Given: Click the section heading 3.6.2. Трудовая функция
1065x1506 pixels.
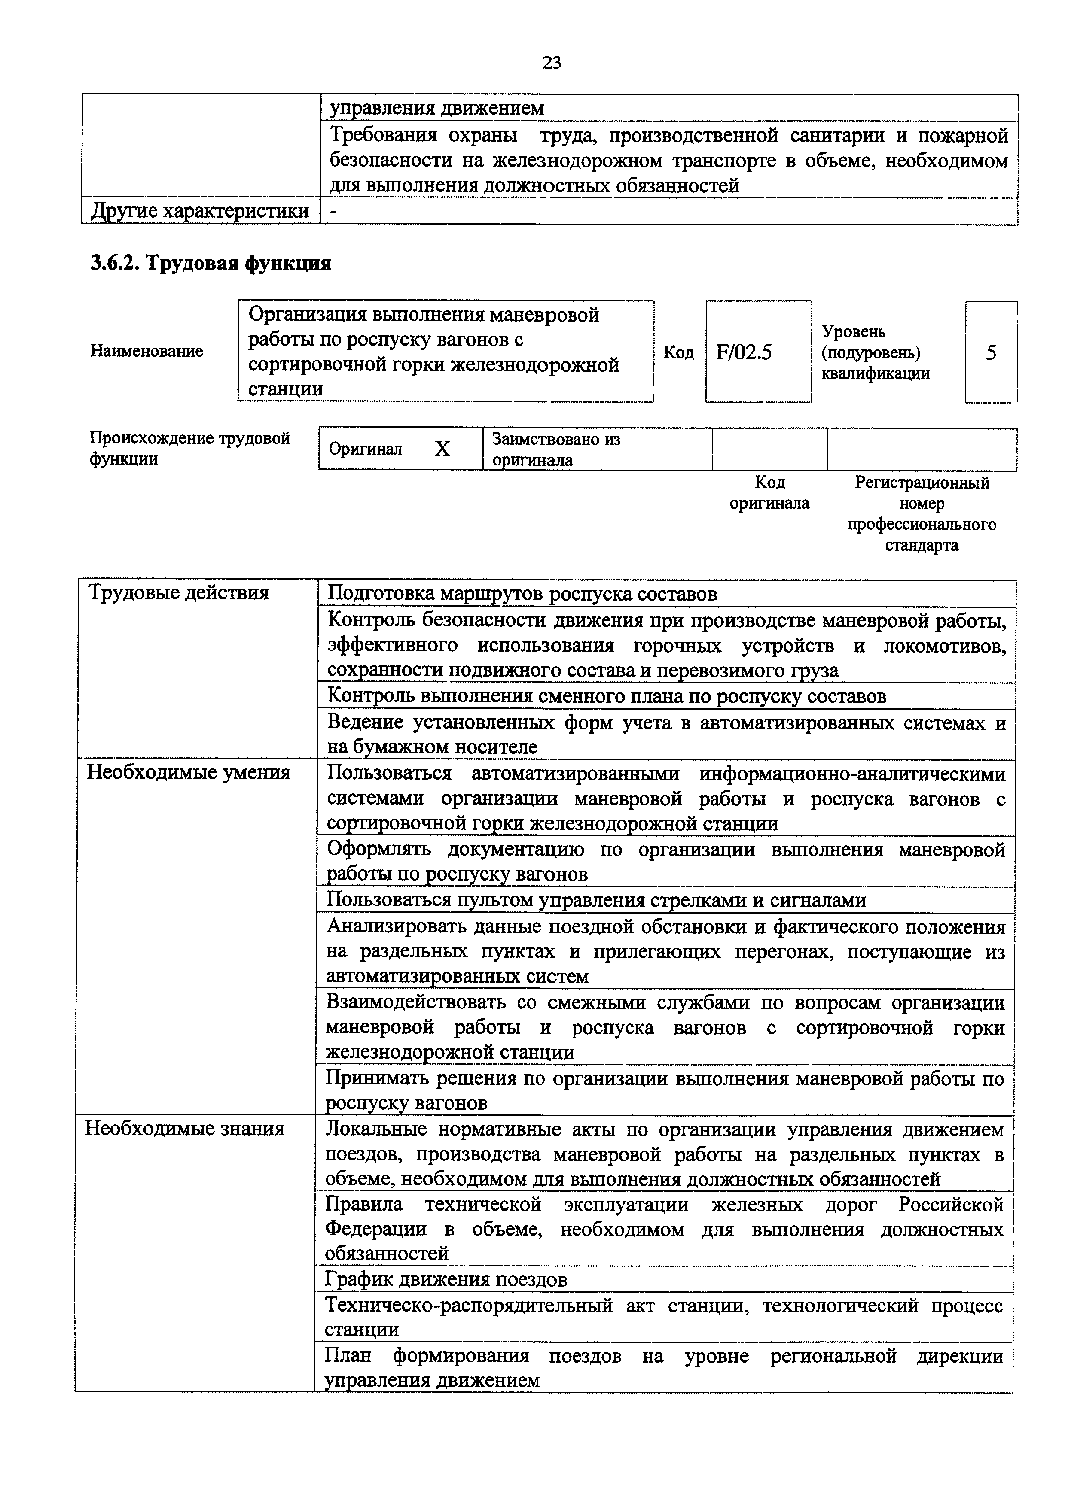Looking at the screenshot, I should [x=211, y=264].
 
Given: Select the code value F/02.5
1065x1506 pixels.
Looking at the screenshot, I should [x=744, y=353].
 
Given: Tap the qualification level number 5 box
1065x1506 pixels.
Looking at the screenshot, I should [x=991, y=353].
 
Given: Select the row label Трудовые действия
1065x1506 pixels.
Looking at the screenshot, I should [x=178, y=593].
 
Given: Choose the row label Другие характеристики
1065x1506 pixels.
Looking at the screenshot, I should [x=199, y=211].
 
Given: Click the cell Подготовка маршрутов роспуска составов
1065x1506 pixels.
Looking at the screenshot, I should [x=522, y=594].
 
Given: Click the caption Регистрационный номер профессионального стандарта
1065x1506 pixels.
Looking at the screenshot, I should [x=921, y=513].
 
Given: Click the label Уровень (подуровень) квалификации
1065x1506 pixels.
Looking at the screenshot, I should [x=876, y=353].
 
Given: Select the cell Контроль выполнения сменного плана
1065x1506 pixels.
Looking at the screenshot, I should [x=606, y=696].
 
